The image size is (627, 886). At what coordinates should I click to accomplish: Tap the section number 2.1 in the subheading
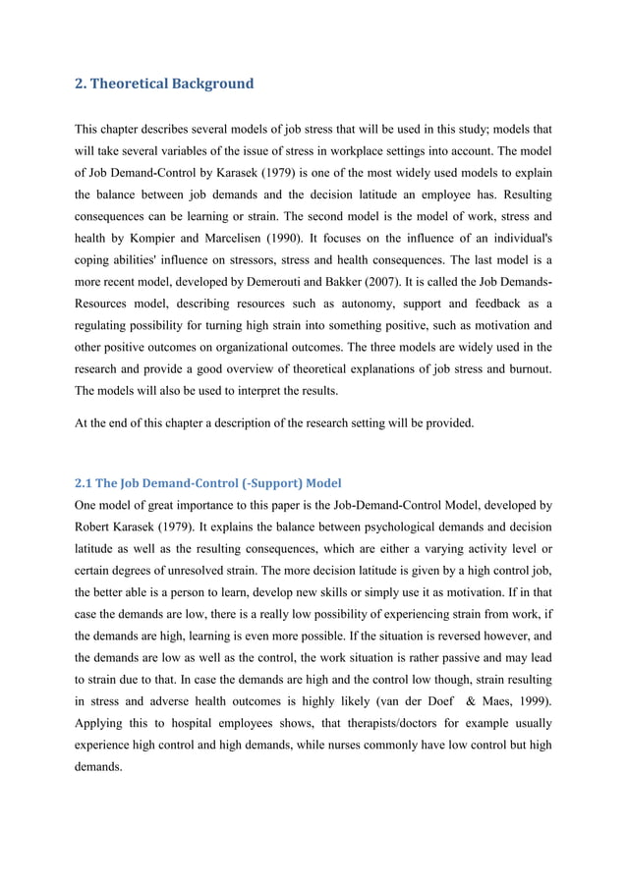pyautogui.click(x=85, y=483)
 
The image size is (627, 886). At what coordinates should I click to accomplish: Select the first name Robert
pyautogui.click(x=98, y=531)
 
